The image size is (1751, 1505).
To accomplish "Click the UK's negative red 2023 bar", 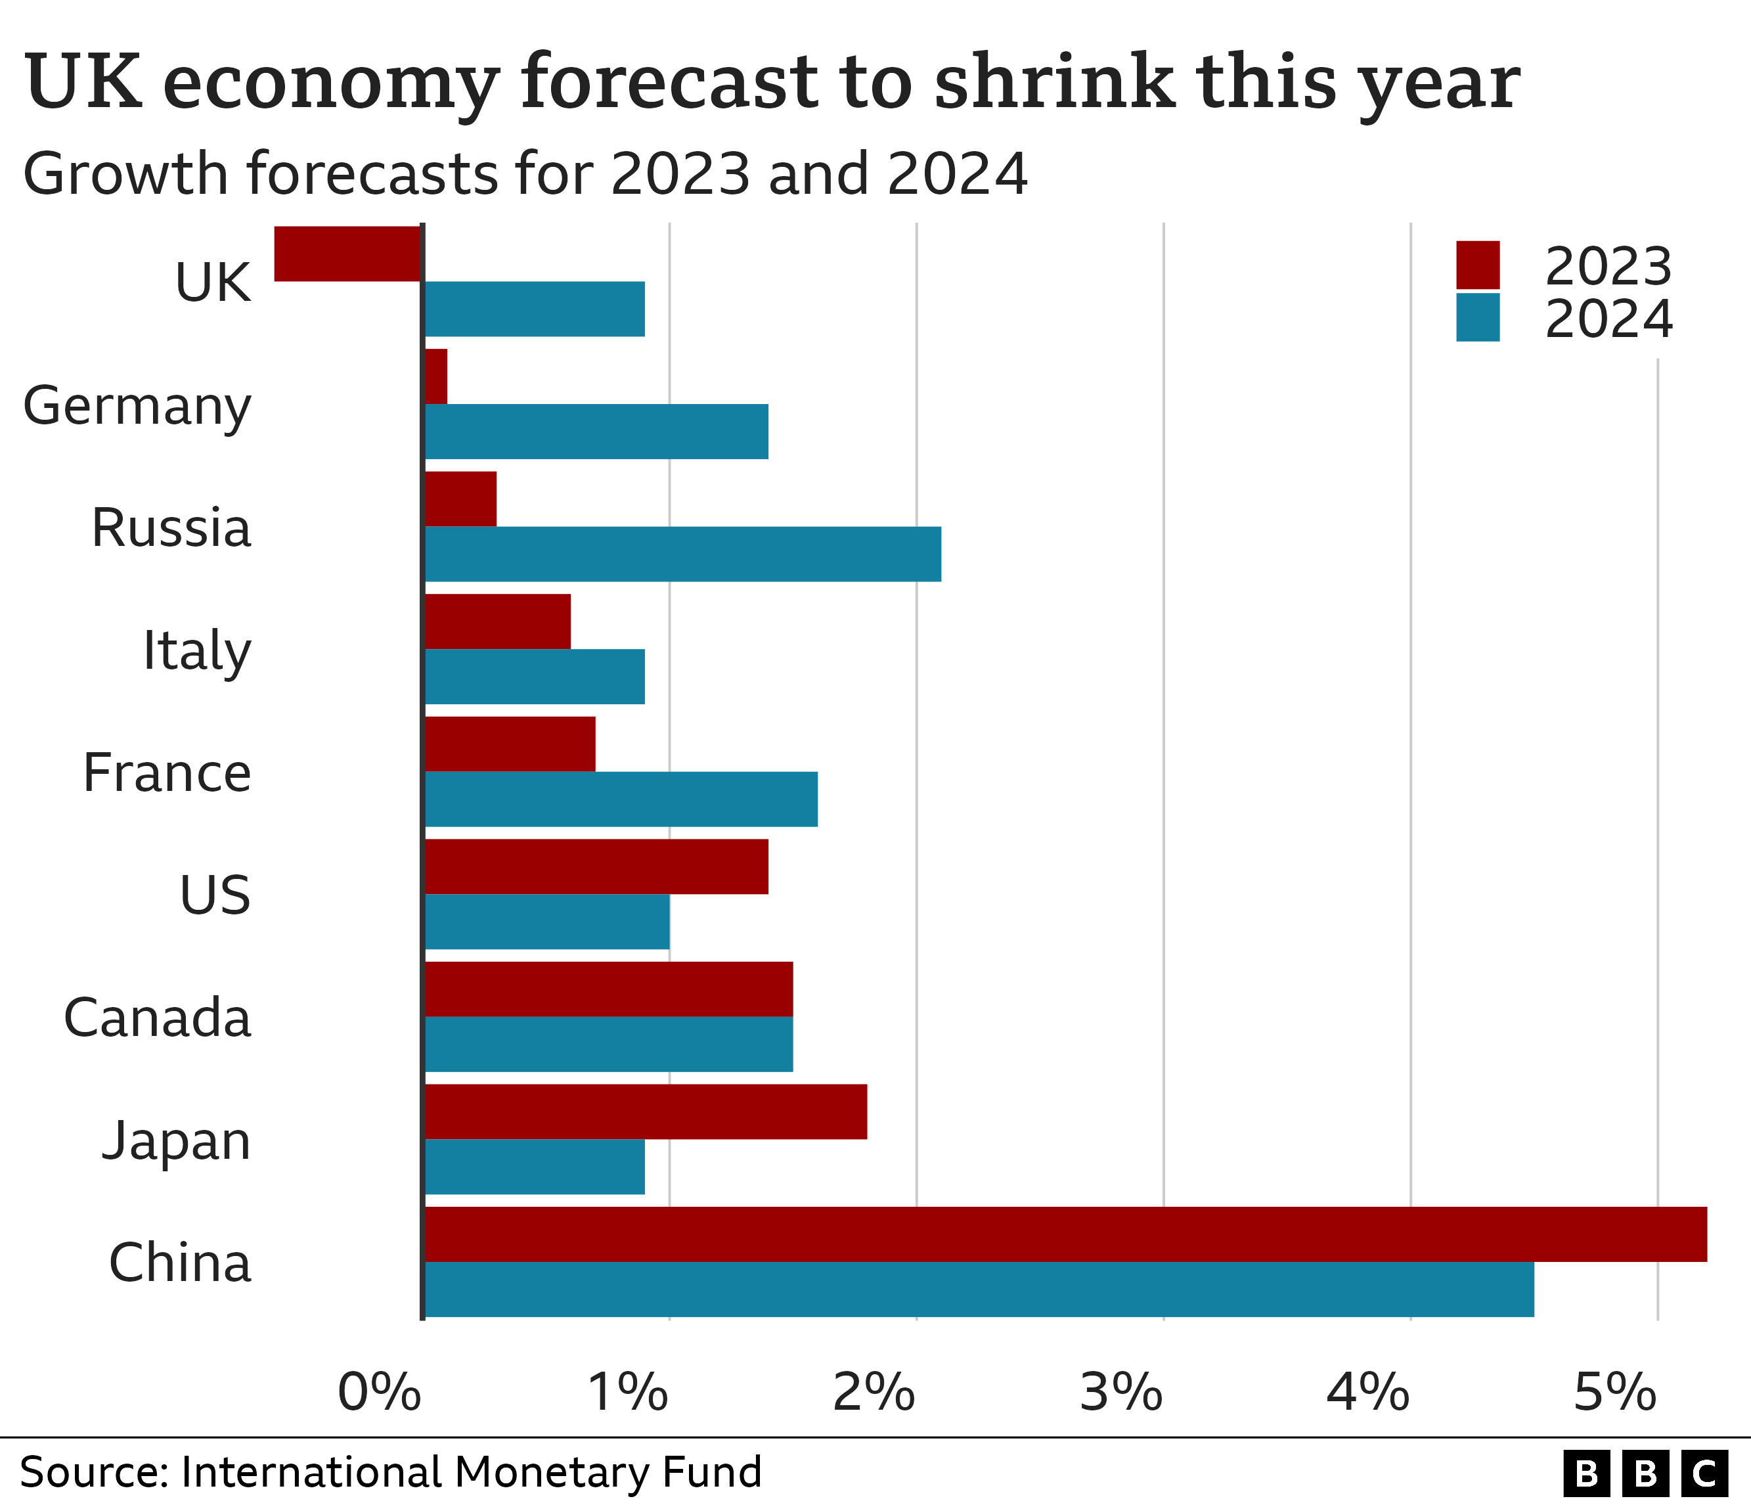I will (x=348, y=254).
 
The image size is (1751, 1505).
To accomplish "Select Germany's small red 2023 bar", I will (x=435, y=376).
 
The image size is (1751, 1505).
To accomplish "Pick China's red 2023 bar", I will (x=1065, y=1234).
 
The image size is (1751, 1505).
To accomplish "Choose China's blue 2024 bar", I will (x=979, y=1290).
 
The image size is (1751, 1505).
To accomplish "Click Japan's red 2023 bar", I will (x=646, y=1112).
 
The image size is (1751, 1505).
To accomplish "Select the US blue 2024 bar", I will (x=546, y=922).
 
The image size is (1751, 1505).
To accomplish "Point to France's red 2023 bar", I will (x=510, y=744).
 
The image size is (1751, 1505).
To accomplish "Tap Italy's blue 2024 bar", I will (x=534, y=677).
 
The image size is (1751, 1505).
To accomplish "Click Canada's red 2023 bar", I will (x=608, y=989).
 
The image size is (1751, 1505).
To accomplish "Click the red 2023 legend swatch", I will (x=1477, y=265).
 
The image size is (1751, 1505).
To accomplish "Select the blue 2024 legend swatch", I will (x=1477, y=318).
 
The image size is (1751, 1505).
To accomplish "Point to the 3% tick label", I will (x=1120, y=1392).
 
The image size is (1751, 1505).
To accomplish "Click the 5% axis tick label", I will (x=1614, y=1392).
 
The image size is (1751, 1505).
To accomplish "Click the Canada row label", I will (x=157, y=1018).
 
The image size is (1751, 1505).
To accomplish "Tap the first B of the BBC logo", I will (x=1586, y=1473).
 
